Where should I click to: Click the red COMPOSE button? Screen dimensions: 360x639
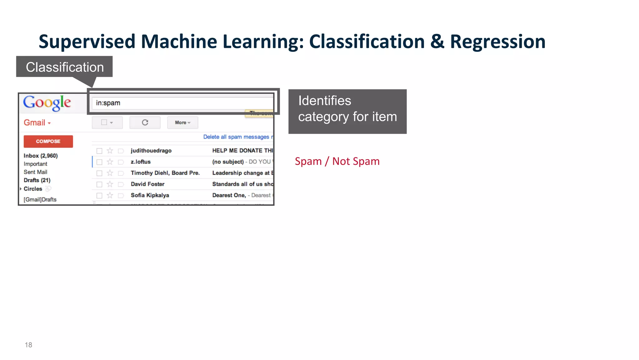48,141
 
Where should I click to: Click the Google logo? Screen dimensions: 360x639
47,103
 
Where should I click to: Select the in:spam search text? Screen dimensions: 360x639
108,103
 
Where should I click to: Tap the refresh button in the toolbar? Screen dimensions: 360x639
145,123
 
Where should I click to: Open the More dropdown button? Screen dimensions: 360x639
183,123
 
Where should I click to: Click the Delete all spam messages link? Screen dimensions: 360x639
236,137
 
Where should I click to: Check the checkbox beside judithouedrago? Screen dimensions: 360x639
100,151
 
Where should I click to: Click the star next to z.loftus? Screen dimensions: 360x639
110,162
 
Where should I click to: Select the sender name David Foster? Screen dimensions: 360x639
148,184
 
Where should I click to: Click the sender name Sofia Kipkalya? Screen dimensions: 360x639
150,195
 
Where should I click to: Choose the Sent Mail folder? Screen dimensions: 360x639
36,172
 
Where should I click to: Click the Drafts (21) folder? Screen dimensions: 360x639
37,180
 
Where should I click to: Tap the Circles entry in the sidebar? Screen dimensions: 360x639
33,189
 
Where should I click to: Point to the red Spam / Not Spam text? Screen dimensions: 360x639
337,161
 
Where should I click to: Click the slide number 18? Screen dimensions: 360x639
28,345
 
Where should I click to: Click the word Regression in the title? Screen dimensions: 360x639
498,42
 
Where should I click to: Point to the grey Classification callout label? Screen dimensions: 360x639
65,67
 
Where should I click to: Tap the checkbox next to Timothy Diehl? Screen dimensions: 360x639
100,173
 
